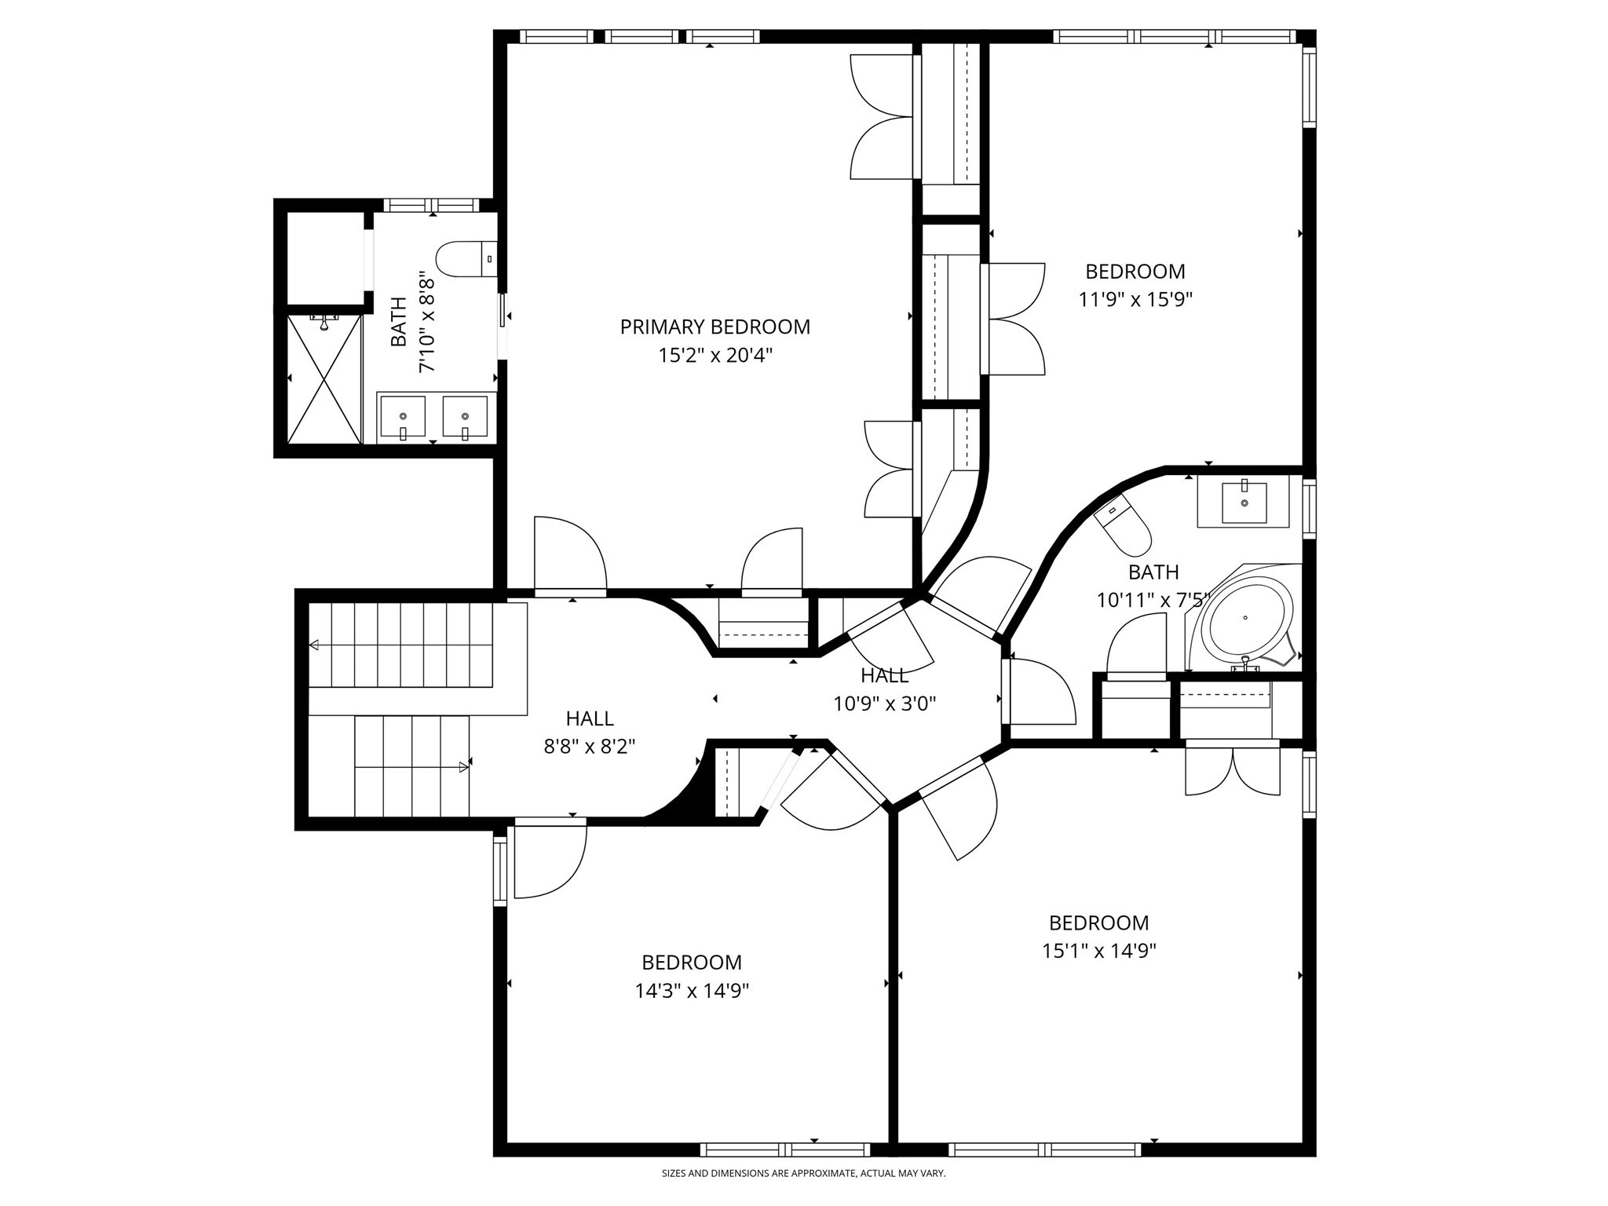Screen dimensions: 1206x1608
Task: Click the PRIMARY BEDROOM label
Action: (x=714, y=327)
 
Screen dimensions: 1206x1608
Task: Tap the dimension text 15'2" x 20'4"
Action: (x=714, y=356)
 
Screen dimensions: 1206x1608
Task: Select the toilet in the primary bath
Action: (x=465, y=259)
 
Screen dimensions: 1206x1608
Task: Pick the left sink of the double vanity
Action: (x=403, y=415)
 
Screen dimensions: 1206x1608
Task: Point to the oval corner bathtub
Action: (x=1249, y=618)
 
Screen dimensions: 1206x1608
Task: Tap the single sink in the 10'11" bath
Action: (x=1244, y=502)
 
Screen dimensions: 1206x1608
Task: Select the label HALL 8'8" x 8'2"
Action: (x=589, y=731)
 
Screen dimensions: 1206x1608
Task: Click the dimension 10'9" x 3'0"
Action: (x=884, y=703)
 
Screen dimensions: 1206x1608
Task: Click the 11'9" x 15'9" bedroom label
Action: (x=1135, y=285)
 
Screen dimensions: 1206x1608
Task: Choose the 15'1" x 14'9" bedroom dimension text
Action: (x=1098, y=951)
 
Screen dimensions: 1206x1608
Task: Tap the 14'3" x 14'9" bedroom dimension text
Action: (x=692, y=991)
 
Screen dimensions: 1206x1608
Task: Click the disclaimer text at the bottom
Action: (x=803, y=1174)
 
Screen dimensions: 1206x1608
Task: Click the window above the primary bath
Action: (x=431, y=206)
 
